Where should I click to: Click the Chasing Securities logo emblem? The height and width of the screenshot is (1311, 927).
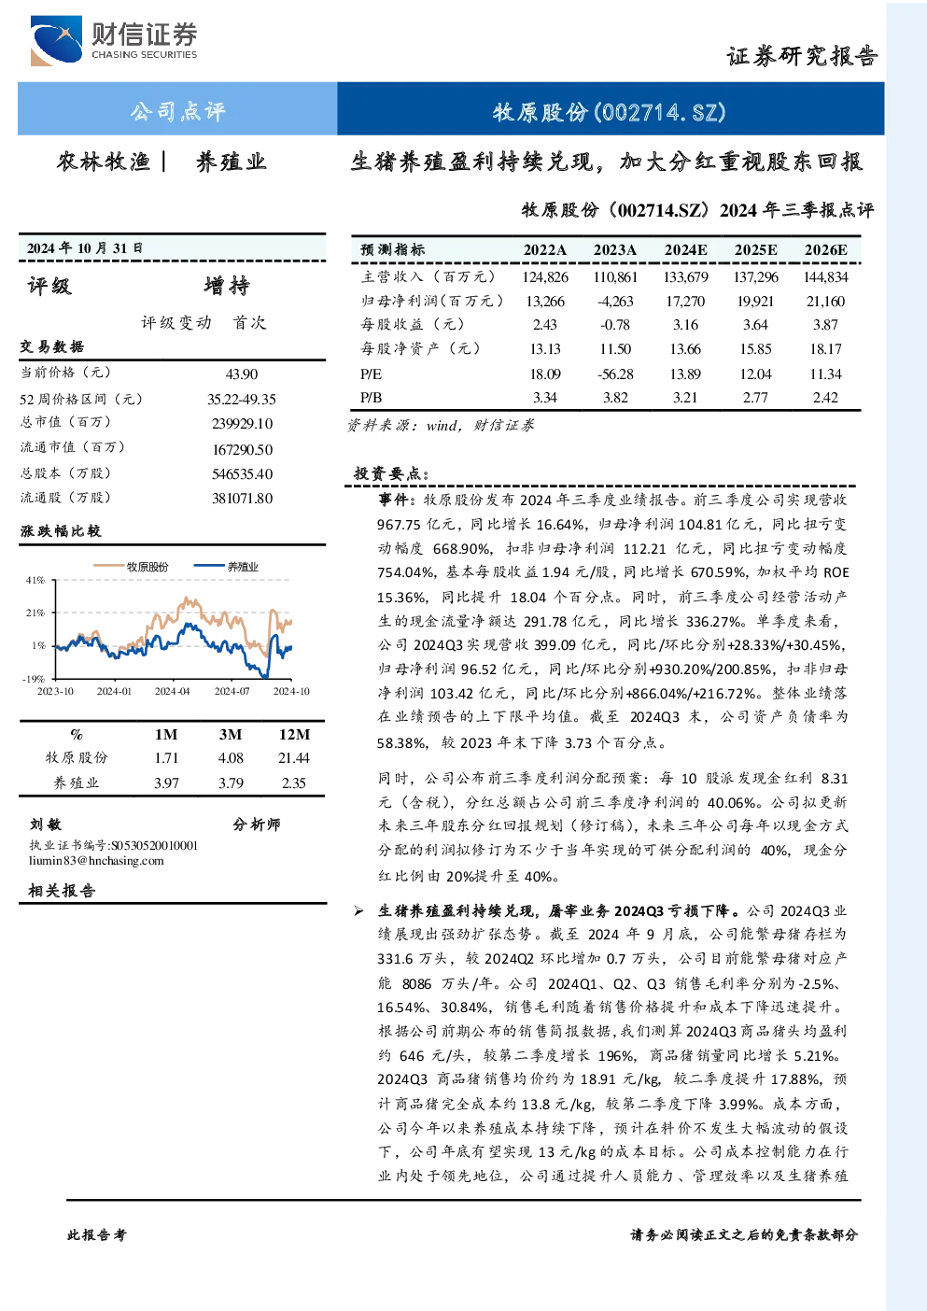57,40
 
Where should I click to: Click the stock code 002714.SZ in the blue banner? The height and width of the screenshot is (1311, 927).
661,112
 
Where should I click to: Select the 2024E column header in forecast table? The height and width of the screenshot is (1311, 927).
685,250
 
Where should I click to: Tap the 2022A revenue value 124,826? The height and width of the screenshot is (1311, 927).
545,276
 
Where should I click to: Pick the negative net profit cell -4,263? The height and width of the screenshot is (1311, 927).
615,302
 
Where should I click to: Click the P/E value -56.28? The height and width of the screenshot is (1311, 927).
615,374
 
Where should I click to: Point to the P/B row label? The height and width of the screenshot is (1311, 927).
371,398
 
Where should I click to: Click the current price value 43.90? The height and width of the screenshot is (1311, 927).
242,374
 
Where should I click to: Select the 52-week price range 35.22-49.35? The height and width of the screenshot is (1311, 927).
241,399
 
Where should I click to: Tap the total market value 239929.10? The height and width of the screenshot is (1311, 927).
243,424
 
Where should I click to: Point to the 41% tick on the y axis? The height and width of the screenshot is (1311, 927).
35,580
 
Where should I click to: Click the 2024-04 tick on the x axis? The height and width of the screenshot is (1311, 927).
172,691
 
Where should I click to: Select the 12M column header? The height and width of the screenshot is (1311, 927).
294,735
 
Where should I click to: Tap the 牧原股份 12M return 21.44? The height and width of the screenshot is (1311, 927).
293,758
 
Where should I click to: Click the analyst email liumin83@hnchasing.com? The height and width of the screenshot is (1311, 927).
96,860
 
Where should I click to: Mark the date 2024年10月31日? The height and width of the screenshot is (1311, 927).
85,248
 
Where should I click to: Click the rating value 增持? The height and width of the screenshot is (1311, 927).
227,286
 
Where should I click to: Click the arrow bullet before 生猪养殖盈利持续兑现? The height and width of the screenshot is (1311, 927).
358,911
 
